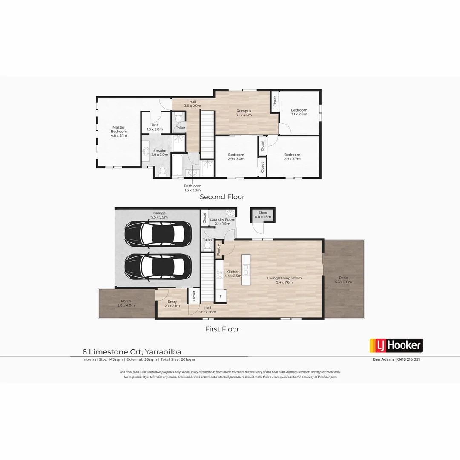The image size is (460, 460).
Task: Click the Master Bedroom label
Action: tap(119, 131)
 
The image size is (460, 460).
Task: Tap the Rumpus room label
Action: tap(244, 112)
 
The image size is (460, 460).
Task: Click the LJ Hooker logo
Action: tap(396, 345)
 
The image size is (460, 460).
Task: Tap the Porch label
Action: tap(126, 303)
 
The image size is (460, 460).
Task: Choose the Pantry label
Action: tap(218, 250)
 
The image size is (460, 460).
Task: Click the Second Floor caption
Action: tap(222, 197)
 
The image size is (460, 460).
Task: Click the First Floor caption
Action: tap(222, 329)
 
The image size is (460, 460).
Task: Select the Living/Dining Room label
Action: tap(284, 280)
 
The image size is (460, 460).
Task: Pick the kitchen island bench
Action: tap(246, 270)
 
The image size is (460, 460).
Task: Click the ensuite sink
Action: tap(146, 150)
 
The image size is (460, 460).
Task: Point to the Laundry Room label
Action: tap(222, 221)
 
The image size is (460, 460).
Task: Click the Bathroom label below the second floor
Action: tap(193, 188)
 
